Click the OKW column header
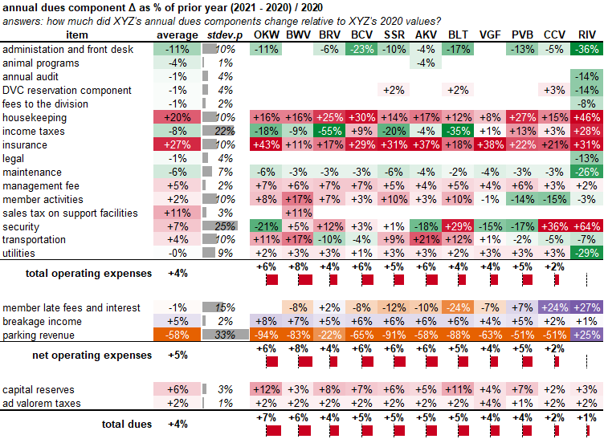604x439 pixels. pyautogui.click(x=265, y=35)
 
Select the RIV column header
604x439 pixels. pyautogui.click(x=587, y=35)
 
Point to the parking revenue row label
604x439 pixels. pyautogui.click(x=39, y=335)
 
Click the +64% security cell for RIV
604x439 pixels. pyautogui.click(x=587, y=226)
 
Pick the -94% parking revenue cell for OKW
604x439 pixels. pyautogui.click(x=265, y=335)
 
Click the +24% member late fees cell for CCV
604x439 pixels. pyautogui.click(x=554, y=307)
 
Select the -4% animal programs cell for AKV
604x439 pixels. pyautogui.click(x=426, y=63)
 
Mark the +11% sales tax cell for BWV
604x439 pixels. pyautogui.click(x=297, y=213)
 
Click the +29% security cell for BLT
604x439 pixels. pyautogui.click(x=458, y=226)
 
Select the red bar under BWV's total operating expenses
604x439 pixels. pyautogui.click(x=304, y=279)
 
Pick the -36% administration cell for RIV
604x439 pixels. pyautogui.click(x=587, y=49)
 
